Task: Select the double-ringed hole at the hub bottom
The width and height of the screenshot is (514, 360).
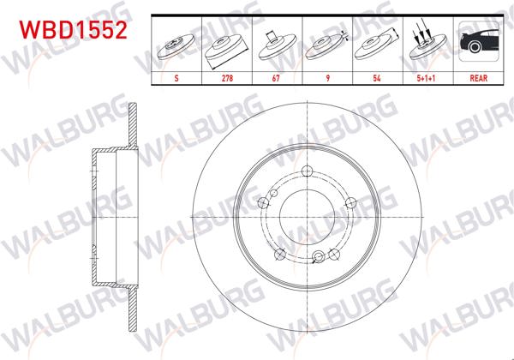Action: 319,256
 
